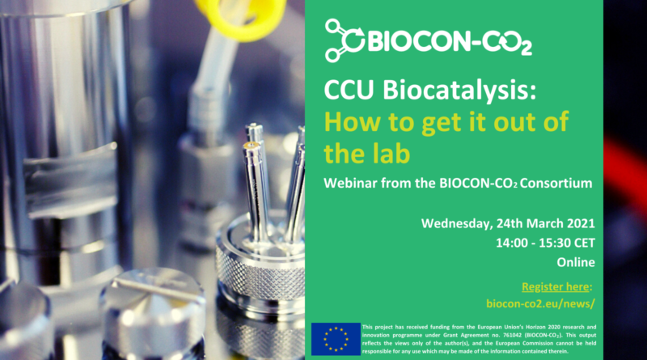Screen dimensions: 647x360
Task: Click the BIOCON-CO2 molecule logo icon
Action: click(345, 40)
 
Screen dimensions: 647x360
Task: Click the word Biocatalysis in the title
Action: click(459, 90)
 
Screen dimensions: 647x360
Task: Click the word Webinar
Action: click(350, 183)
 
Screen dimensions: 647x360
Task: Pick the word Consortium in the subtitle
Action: click(556, 183)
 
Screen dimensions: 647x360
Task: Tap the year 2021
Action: click(581, 223)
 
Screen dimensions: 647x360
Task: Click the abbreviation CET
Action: click(584, 243)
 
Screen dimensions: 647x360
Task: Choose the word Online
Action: click(576, 262)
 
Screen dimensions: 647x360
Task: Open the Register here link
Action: click(556, 286)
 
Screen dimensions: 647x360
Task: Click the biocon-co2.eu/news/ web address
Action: click(540, 303)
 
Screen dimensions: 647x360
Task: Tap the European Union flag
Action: click(336, 339)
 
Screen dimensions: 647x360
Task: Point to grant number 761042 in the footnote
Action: click(509, 335)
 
